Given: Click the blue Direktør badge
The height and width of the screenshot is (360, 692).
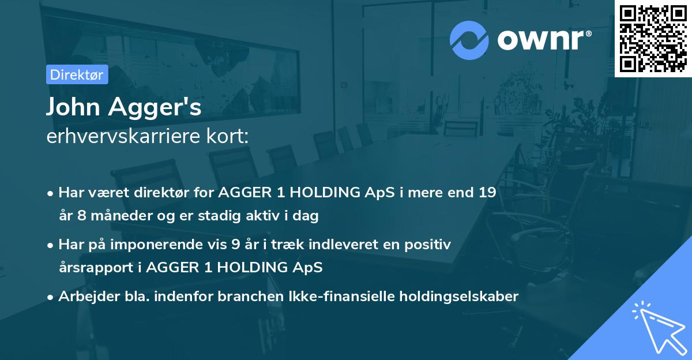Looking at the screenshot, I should (x=77, y=74).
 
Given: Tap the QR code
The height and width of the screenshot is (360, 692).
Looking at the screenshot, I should (x=653, y=39).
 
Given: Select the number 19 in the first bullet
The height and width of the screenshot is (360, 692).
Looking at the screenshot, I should (x=486, y=192).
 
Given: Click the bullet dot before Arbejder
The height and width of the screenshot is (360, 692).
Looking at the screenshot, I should (x=51, y=297).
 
